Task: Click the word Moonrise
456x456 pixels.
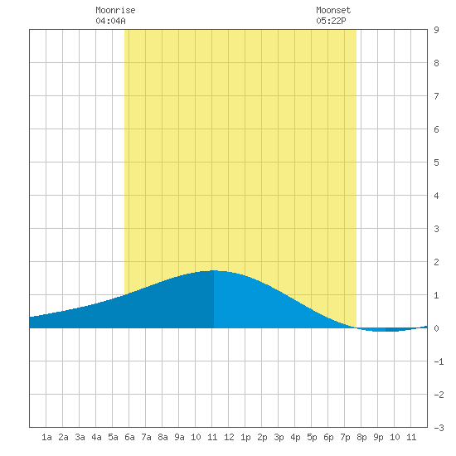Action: [x=115, y=11]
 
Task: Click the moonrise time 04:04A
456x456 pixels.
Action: [x=110, y=21]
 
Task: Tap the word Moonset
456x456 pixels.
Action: [x=333, y=11]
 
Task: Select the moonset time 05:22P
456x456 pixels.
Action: [x=331, y=21]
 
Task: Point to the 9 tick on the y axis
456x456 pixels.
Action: [x=436, y=30]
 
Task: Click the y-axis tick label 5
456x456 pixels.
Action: [x=436, y=163]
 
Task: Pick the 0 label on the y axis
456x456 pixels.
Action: [x=436, y=328]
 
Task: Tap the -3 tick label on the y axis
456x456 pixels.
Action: [x=439, y=428]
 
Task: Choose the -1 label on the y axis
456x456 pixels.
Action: [x=439, y=361]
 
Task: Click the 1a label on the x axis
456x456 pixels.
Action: [x=46, y=437]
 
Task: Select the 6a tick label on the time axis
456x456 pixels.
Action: [x=129, y=437]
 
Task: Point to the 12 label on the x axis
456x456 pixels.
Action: [x=229, y=437]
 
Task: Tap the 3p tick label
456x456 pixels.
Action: [x=279, y=437]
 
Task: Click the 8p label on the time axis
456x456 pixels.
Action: [x=361, y=437]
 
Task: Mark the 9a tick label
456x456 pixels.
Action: [x=179, y=437]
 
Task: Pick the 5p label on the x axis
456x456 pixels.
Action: [x=312, y=437]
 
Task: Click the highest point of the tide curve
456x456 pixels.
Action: [x=214, y=271]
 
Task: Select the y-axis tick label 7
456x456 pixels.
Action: [x=436, y=96]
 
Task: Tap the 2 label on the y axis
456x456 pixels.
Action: [x=436, y=262]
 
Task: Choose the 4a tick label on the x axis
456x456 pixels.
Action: [x=96, y=437]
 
